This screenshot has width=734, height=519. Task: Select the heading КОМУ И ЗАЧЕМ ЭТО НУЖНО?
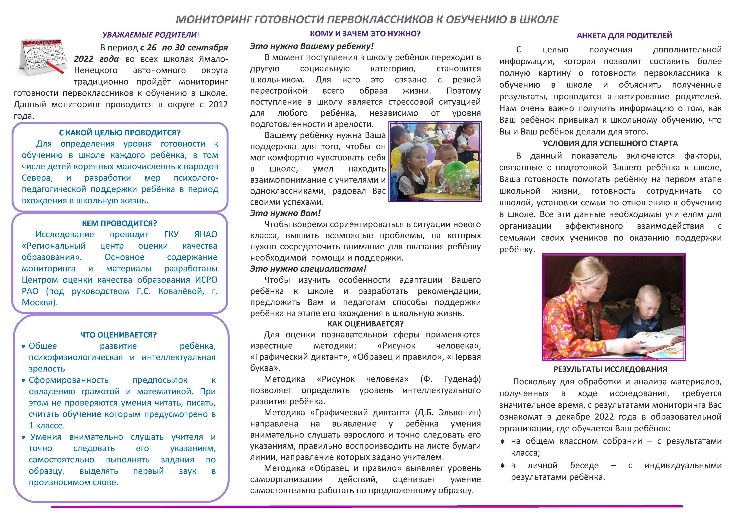point(365,34)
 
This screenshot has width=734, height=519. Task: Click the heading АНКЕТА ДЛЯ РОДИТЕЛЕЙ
point(624,35)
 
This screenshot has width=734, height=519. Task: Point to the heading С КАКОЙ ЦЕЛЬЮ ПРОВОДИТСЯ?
point(120,133)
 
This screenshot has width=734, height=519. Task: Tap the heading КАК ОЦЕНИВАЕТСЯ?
point(365,324)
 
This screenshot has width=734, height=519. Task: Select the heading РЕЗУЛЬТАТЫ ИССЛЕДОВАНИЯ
point(610,369)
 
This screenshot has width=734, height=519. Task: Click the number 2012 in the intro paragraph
point(218,104)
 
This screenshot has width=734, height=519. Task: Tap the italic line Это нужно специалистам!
point(308,269)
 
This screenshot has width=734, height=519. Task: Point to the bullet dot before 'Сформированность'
point(23,381)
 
